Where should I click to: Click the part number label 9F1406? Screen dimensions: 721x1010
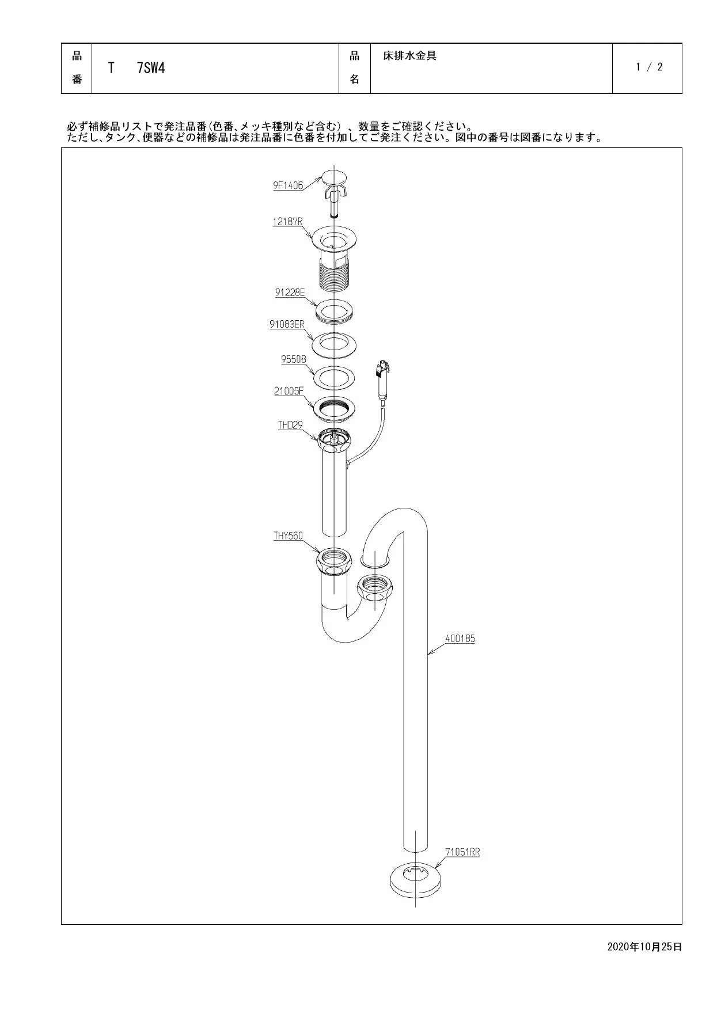pos(288,186)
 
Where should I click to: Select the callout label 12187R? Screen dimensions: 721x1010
pos(288,222)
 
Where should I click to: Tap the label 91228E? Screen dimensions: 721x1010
pos(290,293)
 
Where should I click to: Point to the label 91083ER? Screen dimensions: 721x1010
pos(287,324)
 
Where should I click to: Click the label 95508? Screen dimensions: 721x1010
pos(294,359)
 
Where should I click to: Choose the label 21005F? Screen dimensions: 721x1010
pos(289,391)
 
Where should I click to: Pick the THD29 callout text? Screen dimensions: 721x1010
pos(290,426)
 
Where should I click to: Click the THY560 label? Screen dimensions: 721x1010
pos(288,536)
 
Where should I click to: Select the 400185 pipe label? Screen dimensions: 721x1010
pos(460,639)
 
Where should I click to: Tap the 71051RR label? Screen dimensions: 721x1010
pos(462,852)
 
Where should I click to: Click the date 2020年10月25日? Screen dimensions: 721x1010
pos(644,947)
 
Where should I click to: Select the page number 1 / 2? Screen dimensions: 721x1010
pos(649,67)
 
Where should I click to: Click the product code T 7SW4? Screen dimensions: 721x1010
pos(136,68)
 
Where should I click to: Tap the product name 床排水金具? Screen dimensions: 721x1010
pos(409,56)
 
